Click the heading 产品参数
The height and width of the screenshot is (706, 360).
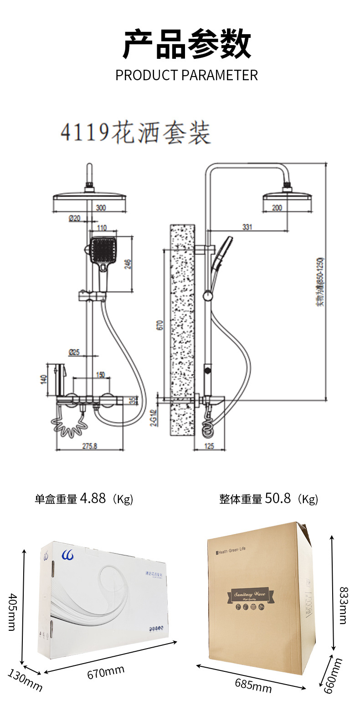pyautogui.click(x=187, y=44)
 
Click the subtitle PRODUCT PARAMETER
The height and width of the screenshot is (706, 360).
pyautogui.click(x=186, y=75)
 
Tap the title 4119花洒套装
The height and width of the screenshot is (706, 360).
pyautogui.click(x=136, y=133)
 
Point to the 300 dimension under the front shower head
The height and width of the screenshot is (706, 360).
pyautogui.click(x=101, y=208)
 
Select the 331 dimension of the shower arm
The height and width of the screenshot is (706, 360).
pyautogui.click(x=247, y=227)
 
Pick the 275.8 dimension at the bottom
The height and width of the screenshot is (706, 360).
pyautogui.click(x=89, y=446)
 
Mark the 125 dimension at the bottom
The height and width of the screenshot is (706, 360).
pyautogui.click(x=209, y=446)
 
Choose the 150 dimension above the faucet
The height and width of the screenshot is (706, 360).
pyautogui.click(x=100, y=375)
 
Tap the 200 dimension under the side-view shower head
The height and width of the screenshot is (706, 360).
pyautogui.click(x=277, y=208)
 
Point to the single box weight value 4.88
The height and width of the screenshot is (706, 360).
pyautogui.click(x=93, y=498)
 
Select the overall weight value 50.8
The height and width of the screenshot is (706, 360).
pyautogui.click(x=278, y=498)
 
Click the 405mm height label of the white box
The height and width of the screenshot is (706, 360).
pyautogui.click(x=13, y=612)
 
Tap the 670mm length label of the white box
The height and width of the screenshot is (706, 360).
pyautogui.click(x=106, y=671)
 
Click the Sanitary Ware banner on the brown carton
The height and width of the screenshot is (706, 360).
pyautogui.click(x=252, y=594)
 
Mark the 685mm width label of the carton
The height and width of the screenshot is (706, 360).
pyautogui.click(x=253, y=685)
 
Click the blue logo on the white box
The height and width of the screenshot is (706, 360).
pyautogui.click(x=67, y=556)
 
